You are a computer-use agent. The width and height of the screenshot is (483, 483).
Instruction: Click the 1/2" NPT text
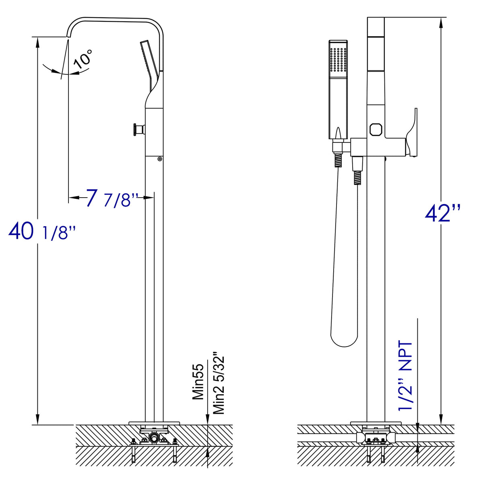pos(405,376)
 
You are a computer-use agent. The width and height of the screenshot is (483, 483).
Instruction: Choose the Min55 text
pos(198,380)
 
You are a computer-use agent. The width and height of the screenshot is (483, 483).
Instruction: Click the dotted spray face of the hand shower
pos(338,60)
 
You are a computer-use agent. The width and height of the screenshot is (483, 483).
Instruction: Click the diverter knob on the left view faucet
pos(137,130)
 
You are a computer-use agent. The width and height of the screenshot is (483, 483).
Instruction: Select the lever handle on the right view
pos(412,131)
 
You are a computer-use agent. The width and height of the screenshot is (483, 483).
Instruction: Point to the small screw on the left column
pos(160,159)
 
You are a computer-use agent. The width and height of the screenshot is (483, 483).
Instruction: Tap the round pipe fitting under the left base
pos(153,437)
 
